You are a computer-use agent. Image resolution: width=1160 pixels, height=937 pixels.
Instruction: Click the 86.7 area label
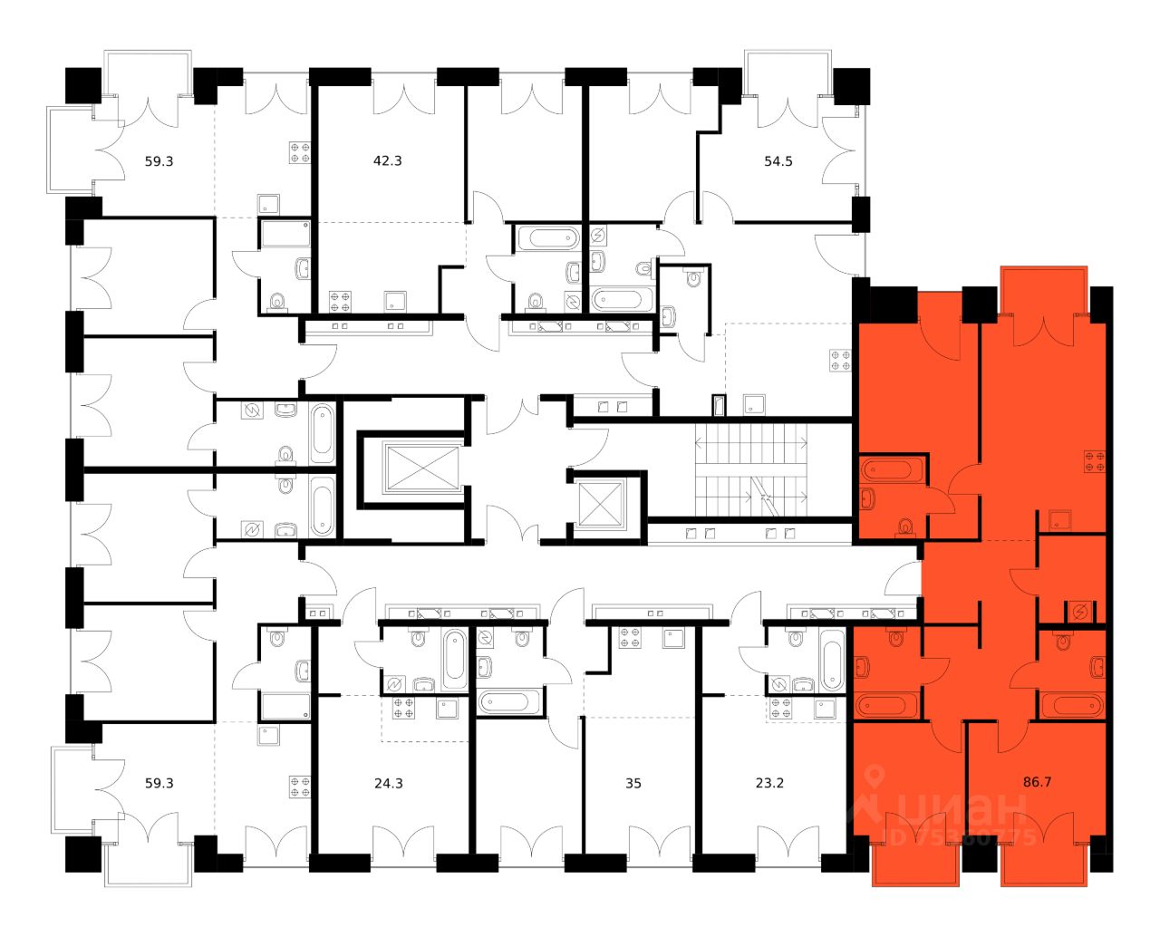click(x=1037, y=781)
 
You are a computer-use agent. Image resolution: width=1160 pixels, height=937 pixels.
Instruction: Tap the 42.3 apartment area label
click(x=387, y=161)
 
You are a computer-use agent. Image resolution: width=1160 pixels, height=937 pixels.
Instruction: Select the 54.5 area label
click(x=778, y=161)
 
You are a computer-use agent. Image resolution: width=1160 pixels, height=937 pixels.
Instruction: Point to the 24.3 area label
click(x=388, y=783)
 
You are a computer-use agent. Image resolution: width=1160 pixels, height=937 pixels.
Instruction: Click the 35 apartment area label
click(x=633, y=783)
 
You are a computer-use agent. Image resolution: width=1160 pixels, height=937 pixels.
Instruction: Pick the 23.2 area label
click(x=769, y=783)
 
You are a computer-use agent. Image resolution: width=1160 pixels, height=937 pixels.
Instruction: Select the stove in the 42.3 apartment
click(x=341, y=300)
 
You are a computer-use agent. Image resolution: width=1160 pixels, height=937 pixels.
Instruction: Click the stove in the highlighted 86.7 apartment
click(x=1095, y=461)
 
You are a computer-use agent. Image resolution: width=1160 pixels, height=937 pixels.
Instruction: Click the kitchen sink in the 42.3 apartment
click(x=395, y=301)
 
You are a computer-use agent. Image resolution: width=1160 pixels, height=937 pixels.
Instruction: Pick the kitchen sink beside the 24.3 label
click(x=448, y=708)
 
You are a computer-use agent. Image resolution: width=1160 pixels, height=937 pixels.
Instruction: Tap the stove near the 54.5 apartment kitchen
click(x=840, y=360)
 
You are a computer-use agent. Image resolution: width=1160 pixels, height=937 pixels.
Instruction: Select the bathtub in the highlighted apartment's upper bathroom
click(x=893, y=469)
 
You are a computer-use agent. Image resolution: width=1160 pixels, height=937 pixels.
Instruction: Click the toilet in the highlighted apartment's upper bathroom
click(x=904, y=526)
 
